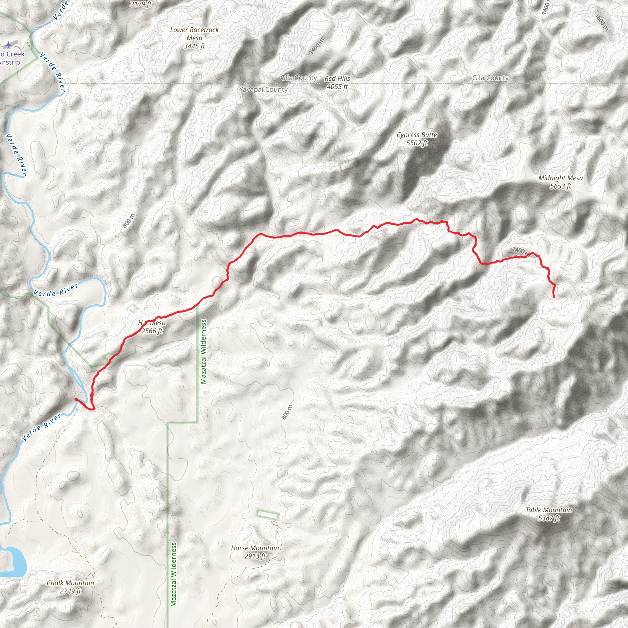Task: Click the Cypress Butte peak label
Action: [x=417, y=135]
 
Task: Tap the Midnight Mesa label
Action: [x=561, y=178]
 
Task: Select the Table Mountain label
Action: [x=549, y=510]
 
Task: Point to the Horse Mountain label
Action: [x=255, y=548]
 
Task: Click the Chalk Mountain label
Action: [x=71, y=583]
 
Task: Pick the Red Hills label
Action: [x=337, y=78]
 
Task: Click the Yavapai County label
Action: [x=263, y=90]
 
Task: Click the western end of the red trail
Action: [x=76, y=399]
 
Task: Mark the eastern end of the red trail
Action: [x=554, y=297]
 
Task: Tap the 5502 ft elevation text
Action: [x=417, y=143]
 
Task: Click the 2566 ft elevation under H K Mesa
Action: [x=152, y=331]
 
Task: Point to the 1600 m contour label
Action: [x=602, y=22]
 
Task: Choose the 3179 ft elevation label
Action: [x=141, y=4]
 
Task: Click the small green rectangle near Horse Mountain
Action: [x=267, y=515]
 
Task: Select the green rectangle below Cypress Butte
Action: [x=348, y=164]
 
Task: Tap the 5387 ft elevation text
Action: [x=549, y=518]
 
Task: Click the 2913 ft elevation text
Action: [x=255, y=556]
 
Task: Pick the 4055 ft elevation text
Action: [x=337, y=86]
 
